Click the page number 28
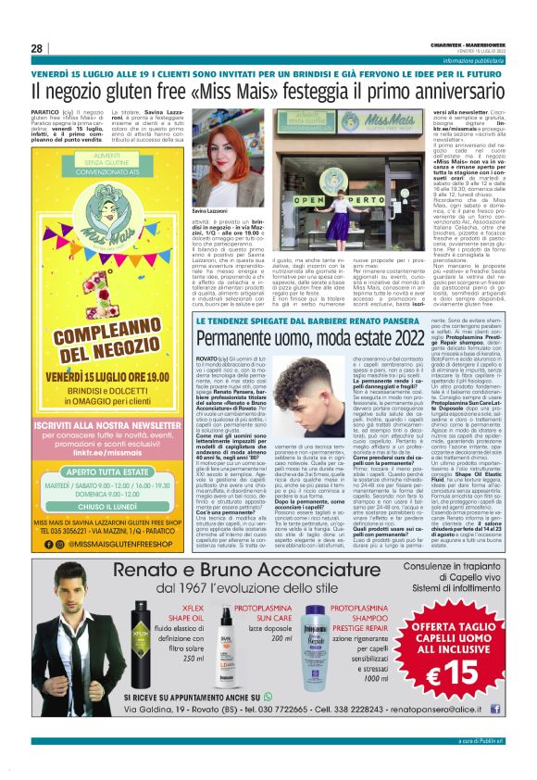(37, 49)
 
